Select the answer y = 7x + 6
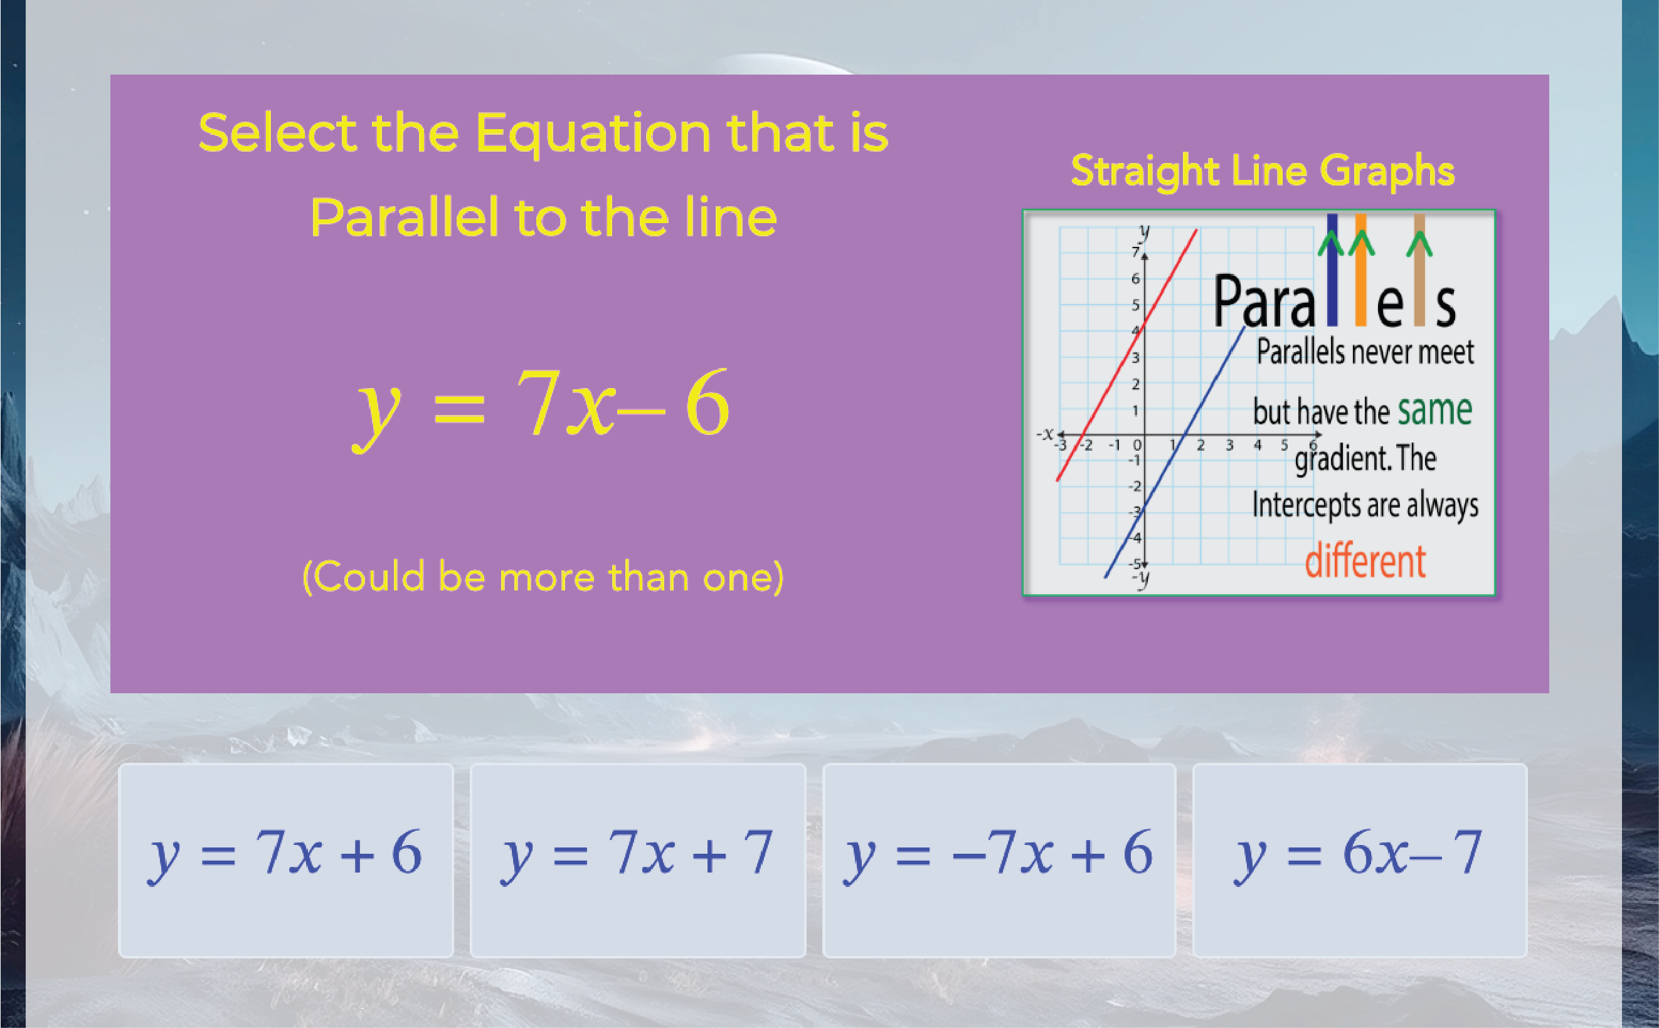(285, 860)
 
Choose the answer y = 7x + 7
(638, 860)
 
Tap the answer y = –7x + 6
(999, 860)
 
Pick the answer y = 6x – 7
(1360, 860)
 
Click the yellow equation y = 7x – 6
(541, 407)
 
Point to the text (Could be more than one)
(543, 577)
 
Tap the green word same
(1434, 410)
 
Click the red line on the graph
(1126, 355)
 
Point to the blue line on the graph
(1174, 452)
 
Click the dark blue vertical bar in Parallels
(1332, 270)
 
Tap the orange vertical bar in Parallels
(1360, 270)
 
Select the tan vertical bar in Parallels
(1419, 270)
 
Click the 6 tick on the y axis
(1135, 278)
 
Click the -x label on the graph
(1046, 434)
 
